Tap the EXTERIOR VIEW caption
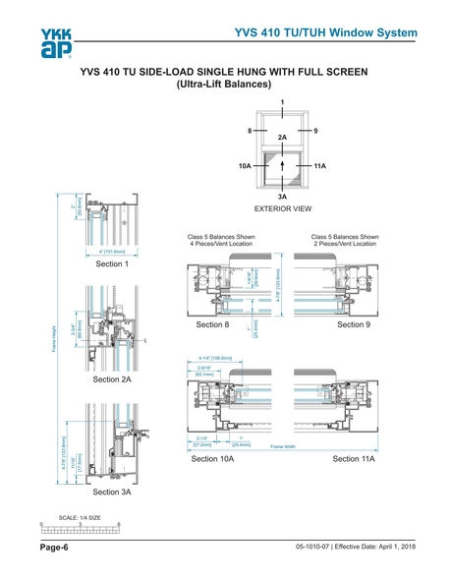tap(282, 208)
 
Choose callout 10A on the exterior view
tap(245, 167)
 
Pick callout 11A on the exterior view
tap(319, 167)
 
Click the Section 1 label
tap(112, 263)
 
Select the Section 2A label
tap(112, 378)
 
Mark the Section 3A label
tap(112, 491)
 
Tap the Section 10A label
tap(212, 459)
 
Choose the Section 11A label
tap(353, 459)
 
